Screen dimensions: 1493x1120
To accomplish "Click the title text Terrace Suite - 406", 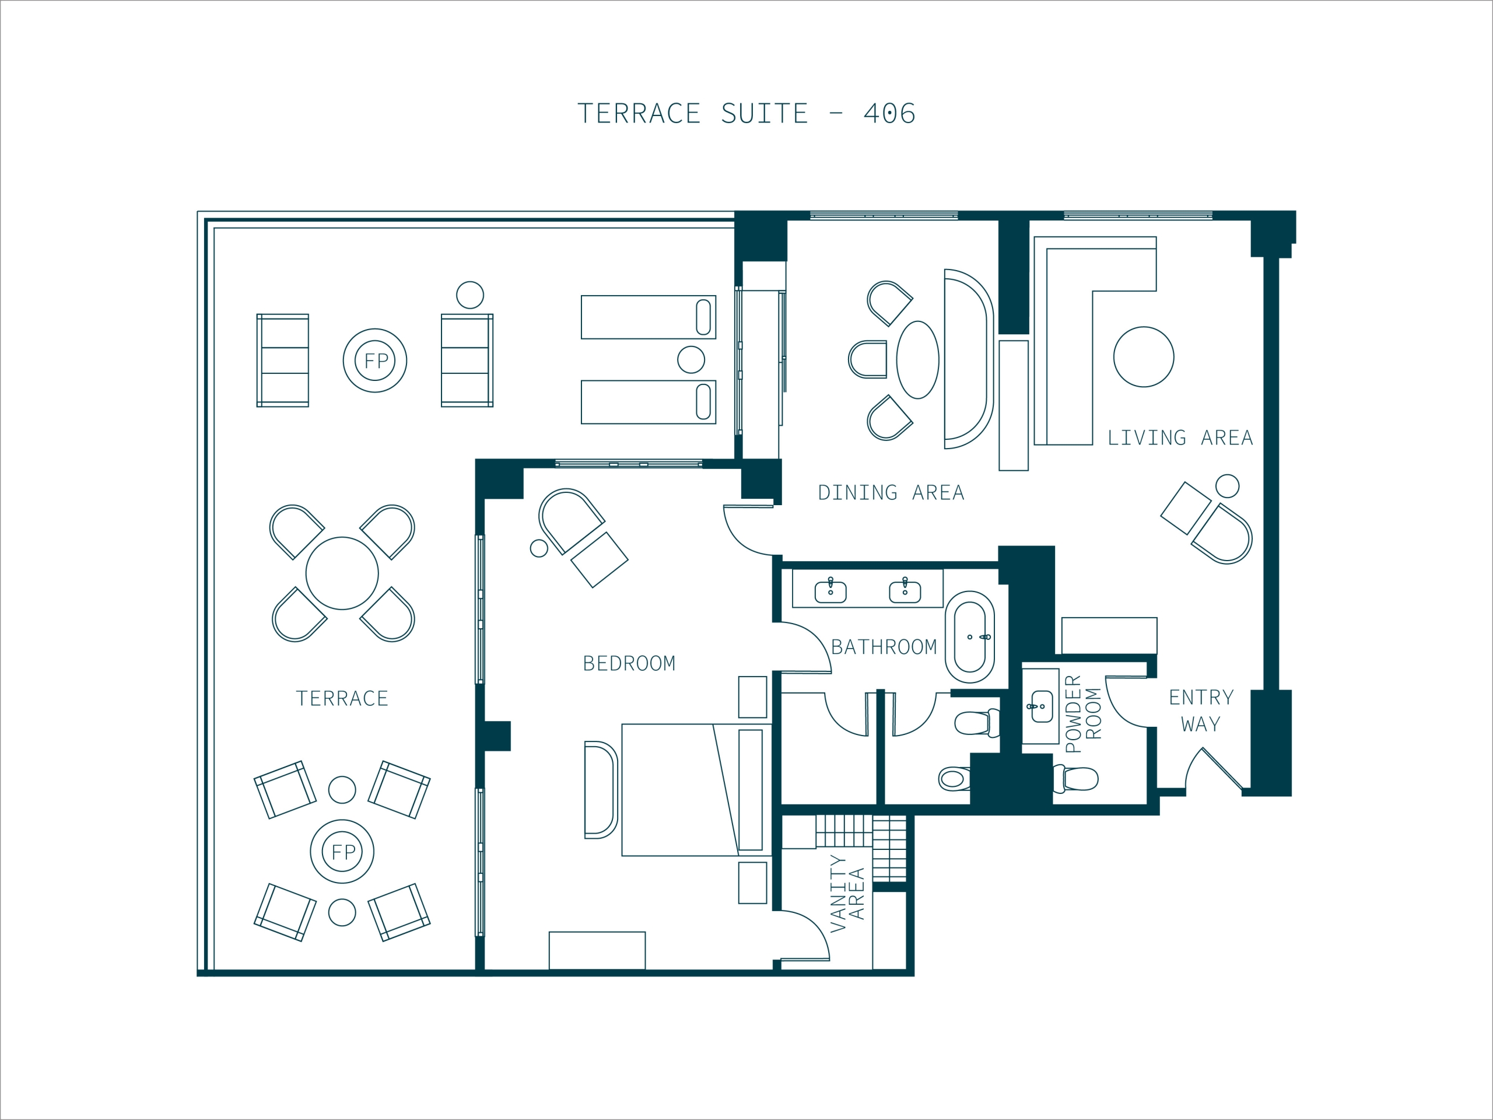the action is (746, 113).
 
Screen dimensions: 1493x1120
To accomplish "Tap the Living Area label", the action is (1180, 438).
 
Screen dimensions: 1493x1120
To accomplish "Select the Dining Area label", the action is (891, 493).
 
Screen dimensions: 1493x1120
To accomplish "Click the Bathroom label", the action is (884, 647).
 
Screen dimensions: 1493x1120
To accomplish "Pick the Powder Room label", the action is (1084, 713).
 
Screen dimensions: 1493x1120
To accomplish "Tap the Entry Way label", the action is (1201, 711).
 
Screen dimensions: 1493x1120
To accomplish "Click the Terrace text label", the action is (342, 699).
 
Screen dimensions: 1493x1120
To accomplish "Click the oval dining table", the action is (918, 360).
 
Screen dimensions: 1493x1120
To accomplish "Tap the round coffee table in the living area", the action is (1144, 357).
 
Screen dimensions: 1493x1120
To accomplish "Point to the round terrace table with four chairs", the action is (342, 574).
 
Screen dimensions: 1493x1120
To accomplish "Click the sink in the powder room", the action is (1042, 706).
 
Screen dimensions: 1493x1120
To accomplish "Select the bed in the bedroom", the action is (696, 790).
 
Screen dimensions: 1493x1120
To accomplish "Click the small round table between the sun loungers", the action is (691, 360).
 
